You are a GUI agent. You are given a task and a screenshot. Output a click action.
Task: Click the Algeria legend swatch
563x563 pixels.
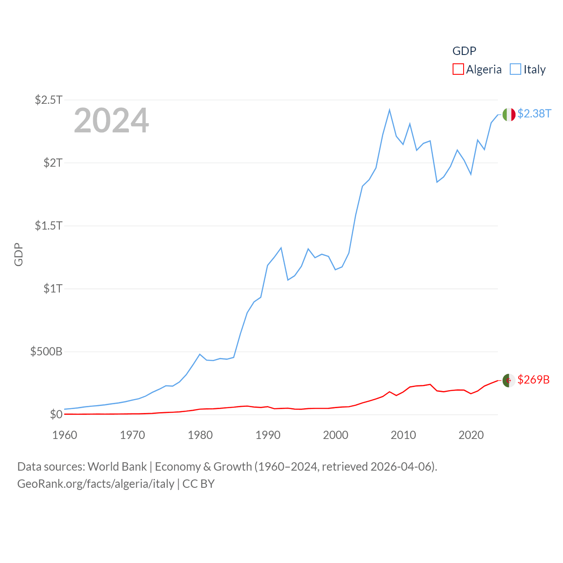coord(458,69)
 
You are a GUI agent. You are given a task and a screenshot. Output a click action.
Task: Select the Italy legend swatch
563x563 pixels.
coord(515,69)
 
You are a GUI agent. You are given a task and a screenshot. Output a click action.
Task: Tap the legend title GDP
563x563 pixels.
coord(464,51)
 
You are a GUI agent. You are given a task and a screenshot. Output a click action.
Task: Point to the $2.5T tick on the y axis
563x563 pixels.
coord(48,100)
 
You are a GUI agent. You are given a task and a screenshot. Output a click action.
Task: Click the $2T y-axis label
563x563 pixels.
coord(53,163)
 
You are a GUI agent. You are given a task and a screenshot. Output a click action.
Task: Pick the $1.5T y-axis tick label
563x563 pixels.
coord(48,226)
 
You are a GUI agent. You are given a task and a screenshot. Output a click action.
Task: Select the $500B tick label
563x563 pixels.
coord(46,351)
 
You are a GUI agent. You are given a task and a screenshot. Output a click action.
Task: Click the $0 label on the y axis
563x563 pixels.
coord(56,414)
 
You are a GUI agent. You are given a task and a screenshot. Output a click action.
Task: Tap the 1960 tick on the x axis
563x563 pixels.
coord(65,435)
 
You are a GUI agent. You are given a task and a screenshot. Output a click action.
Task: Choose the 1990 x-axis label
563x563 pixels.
coord(268,435)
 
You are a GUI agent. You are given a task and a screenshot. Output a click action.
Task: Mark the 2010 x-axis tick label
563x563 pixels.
coord(403,435)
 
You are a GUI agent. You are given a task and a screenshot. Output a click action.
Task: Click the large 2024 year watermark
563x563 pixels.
coord(111,121)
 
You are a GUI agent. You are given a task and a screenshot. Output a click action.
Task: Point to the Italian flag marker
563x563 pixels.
coord(509,114)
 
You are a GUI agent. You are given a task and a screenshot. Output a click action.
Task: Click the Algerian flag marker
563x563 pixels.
coord(509,380)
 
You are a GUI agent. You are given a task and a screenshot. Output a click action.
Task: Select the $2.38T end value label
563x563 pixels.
coord(534,113)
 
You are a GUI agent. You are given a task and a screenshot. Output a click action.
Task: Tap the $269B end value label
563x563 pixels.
coord(534,380)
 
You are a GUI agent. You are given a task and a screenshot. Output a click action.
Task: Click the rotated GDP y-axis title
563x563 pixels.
coord(18,254)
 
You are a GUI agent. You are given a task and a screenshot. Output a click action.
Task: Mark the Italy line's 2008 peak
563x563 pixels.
coord(390,110)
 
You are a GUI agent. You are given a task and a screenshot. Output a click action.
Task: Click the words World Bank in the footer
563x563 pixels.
coord(117,467)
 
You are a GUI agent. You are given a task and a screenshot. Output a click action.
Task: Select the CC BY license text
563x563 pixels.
coord(198,484)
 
